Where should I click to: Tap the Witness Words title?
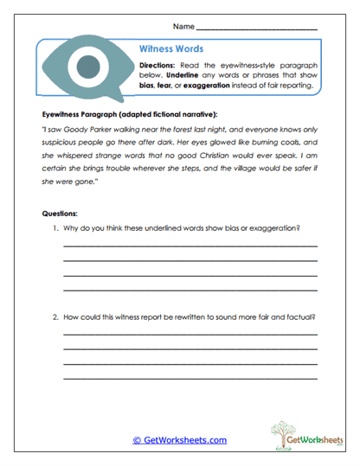point(171,49)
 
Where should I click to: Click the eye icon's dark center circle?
point(86,66)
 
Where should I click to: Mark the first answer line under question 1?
point(190,247)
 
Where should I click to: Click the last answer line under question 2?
point(190,378)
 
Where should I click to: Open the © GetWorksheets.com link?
point(179,440)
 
